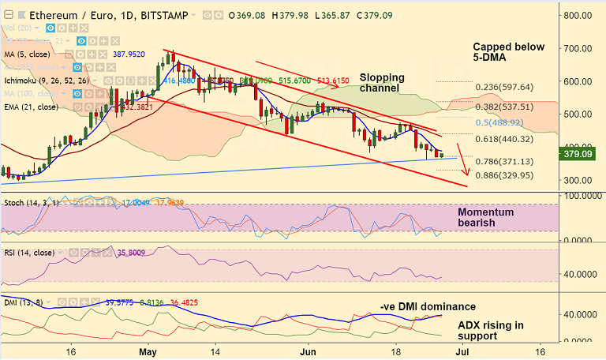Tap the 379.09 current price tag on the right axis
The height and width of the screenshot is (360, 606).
[580, 155]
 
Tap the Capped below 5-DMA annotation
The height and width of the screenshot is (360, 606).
[508, 53]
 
